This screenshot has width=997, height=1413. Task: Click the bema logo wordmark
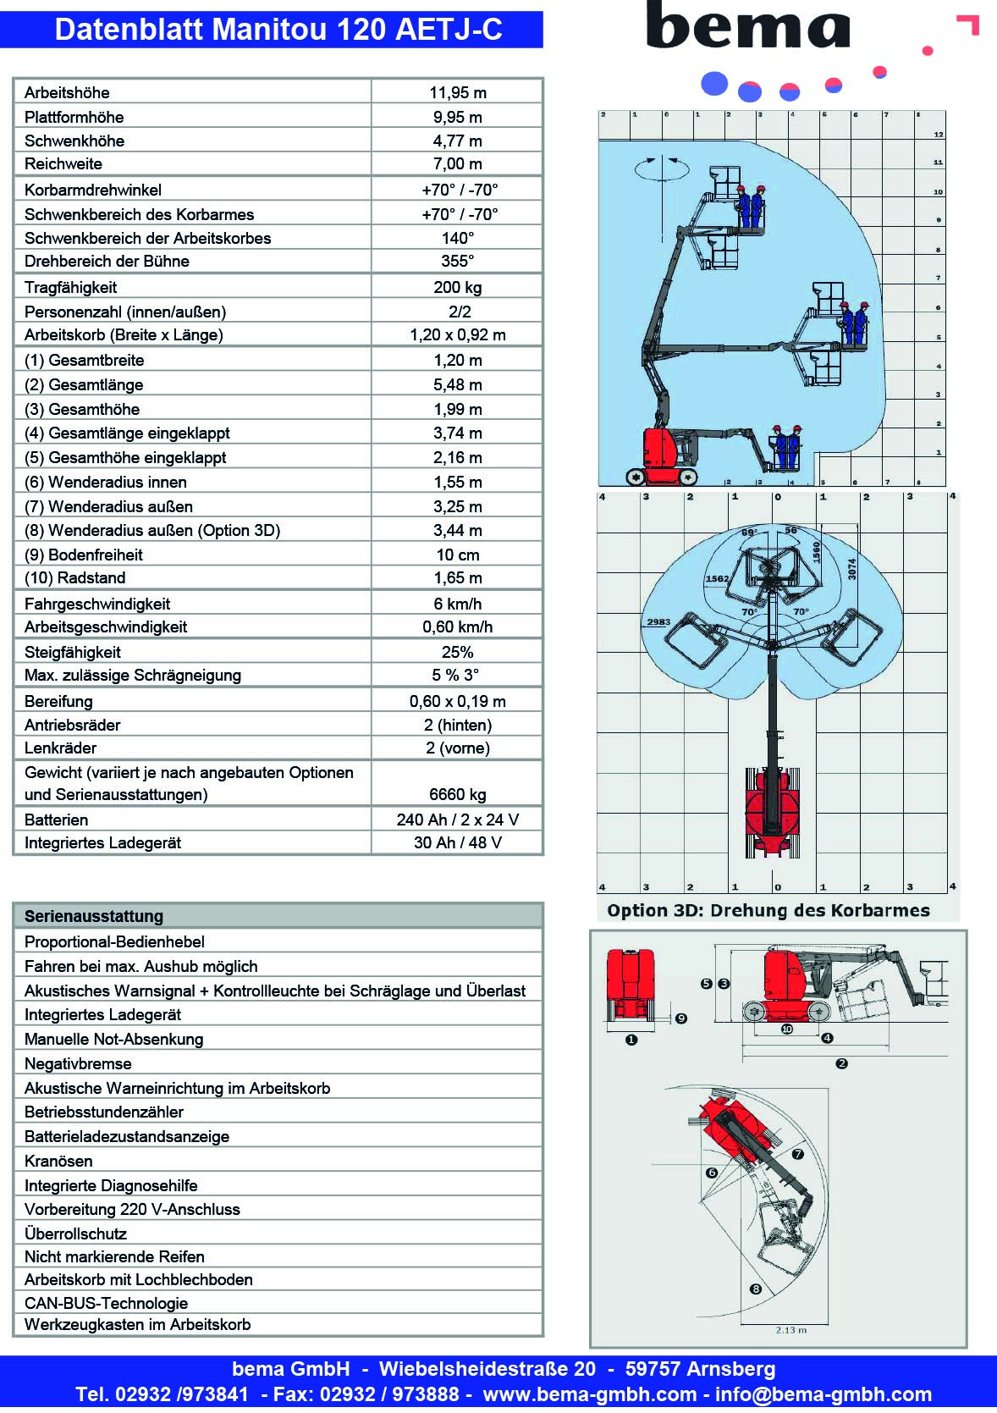point(748,27)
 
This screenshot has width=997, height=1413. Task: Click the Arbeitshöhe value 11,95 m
point(458,92)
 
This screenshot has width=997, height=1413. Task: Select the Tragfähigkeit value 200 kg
point(458,287)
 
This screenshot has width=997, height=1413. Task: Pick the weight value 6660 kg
point(458,794)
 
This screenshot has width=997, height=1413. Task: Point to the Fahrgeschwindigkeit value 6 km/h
point(458,604)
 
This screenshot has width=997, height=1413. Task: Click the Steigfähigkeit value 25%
point(458,652)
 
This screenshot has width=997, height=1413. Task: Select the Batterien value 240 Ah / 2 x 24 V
point(458,820)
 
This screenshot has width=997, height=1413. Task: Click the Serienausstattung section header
point(94,916)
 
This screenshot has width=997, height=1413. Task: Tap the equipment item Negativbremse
point(78,1063)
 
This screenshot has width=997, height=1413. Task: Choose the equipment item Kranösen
point(58,1161)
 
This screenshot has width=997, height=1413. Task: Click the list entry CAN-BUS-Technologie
point(106,1303)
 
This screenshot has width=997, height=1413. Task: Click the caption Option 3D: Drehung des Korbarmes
point(768,910)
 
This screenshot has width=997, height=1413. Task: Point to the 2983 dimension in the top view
point(658,621)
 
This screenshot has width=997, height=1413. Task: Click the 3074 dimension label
point(852,569)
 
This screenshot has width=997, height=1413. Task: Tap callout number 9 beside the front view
point(681,1018)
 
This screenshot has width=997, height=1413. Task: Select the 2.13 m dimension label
point(791,1330)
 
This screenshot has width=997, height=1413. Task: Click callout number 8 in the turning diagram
point(756,1289)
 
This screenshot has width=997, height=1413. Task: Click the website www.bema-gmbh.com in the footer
point(590,1394)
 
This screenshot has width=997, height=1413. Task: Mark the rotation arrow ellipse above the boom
point(662,168)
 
